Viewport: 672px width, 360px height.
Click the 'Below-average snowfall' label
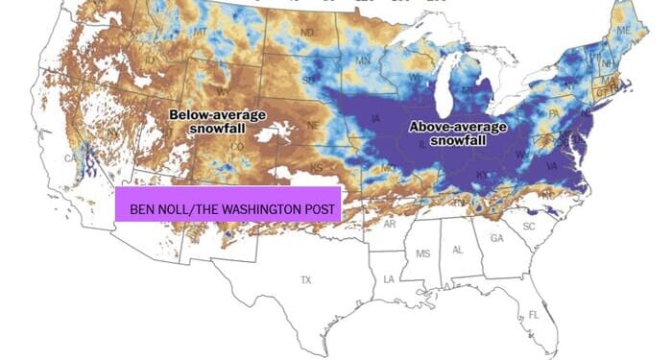pos(218,122)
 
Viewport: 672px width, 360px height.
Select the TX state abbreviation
pos(306,280)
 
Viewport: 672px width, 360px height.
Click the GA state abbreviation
pos(496,238)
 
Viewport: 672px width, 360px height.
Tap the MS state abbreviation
pos(423,253)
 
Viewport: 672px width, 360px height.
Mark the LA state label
pos(390,278)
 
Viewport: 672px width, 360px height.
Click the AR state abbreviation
pos(389,224)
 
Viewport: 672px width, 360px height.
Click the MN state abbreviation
pos(363,62)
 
